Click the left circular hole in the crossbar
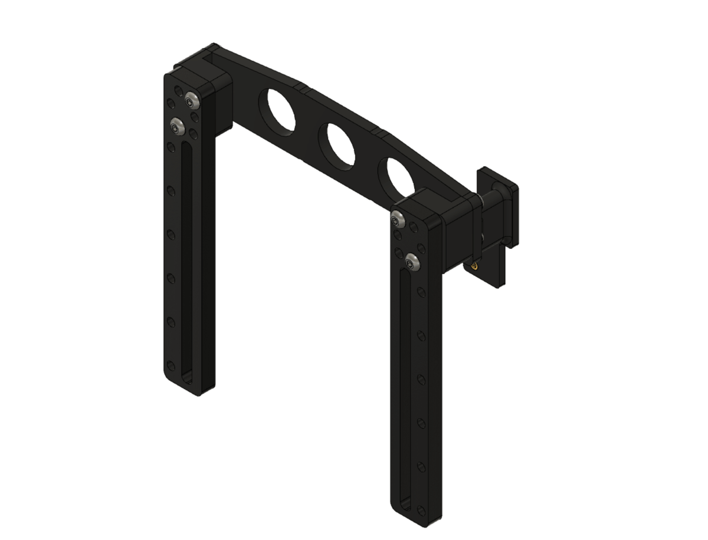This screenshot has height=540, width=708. pos(280,110)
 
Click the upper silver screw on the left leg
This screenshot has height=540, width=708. pos(191,100)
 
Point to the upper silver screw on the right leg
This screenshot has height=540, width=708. pos(399,219)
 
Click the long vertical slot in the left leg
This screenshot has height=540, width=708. pos(185,259)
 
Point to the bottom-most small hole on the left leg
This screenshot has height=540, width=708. pos(171,364)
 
